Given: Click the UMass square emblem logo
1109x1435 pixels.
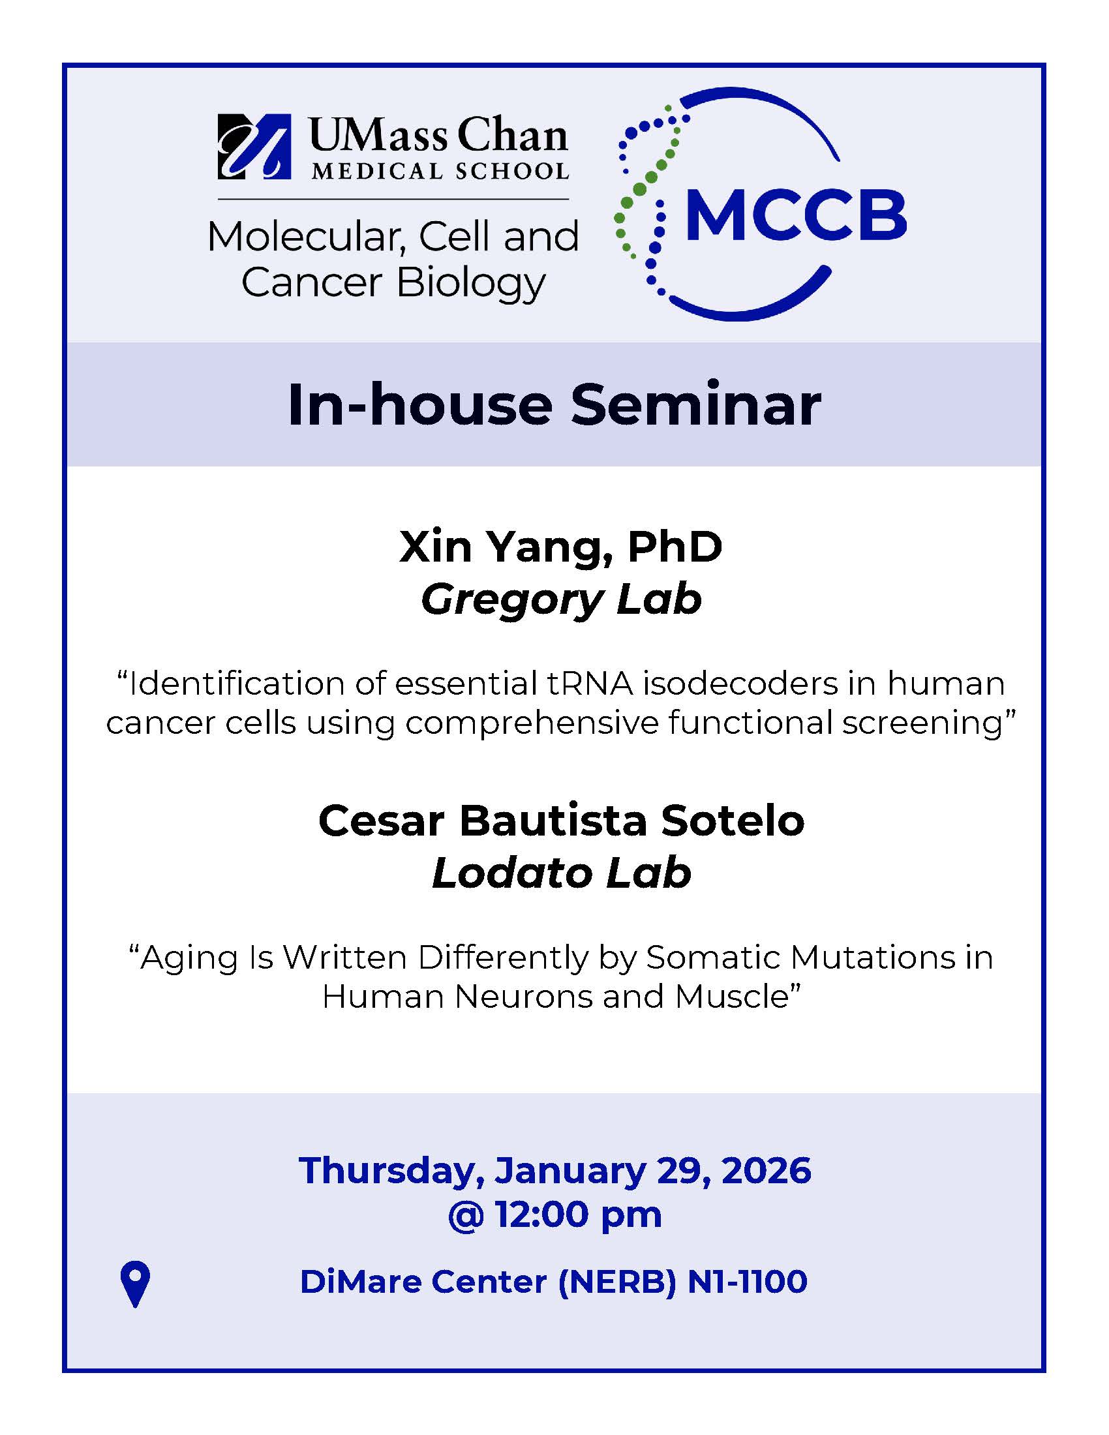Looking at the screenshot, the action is pyautogui.click(x=254, y=147).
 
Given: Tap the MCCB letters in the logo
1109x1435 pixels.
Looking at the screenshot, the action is pyautogui.click(x=797, y=214).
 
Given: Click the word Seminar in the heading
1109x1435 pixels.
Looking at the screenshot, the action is pyautogui.click(x=695, y=405).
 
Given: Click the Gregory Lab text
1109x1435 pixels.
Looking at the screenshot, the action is pyautogui.click(x=561, y=600).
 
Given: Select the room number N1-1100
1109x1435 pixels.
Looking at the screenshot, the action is pyautogui.click(x=747, y=1282).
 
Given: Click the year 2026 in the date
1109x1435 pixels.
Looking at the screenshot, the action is pyautogui.click(x=766, y=1170).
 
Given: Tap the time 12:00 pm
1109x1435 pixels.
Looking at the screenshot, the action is pyautogui.click(x=578, y=1215).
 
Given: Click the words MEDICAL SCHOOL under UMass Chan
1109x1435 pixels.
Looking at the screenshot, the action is pyautogui.click(x=440, y=171).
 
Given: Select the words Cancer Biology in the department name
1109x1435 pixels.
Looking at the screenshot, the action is pyautogui.click(x=393, y=283).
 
